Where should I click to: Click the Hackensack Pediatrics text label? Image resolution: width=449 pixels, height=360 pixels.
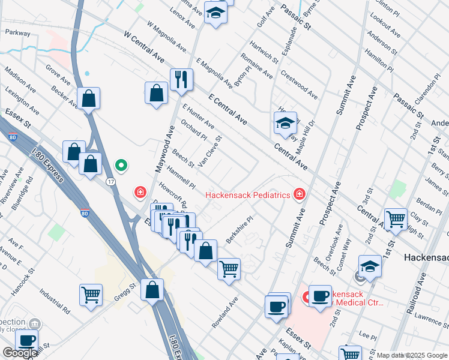(247, 195)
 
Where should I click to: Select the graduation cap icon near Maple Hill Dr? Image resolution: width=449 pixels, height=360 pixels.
(285, 124)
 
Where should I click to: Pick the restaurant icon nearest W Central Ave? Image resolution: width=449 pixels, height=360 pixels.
(181, 80)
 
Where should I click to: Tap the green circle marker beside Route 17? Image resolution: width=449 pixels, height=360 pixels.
(121, 165)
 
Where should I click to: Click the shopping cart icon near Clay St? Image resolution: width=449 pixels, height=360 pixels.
(396, 220)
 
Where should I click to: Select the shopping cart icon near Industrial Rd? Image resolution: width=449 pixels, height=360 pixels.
(91, 295)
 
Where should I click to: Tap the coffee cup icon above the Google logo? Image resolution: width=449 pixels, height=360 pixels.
(26, 340)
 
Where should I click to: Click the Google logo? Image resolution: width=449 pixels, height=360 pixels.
(19, 353)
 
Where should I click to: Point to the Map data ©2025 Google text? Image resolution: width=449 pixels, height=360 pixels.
(412, 355)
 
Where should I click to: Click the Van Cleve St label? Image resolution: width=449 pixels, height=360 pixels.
(214, 148)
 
